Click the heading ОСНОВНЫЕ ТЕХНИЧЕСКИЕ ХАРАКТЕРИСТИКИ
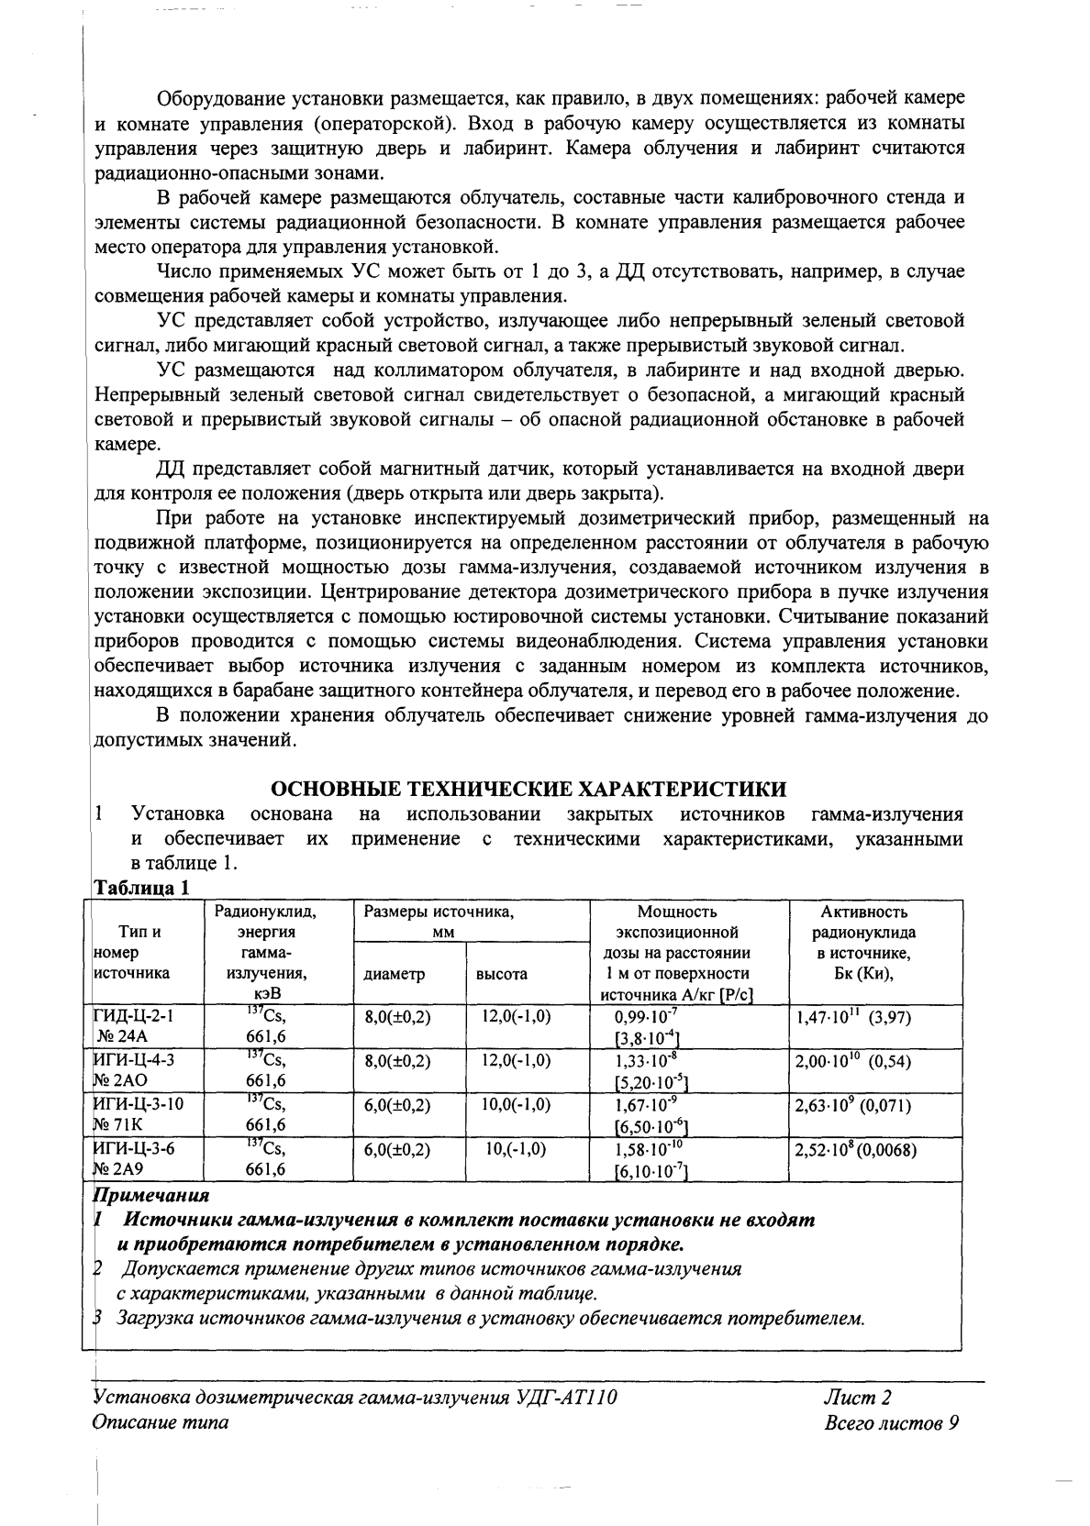click(x=528, y=790)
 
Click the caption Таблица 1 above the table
click(x=141, y=888)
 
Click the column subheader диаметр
click(x=395, y=975)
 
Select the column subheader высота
click(x=501, y=975)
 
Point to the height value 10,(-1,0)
click(x=517, y=1149)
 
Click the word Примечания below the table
click(x=151, y=1196)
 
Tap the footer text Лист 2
click(x=858, y=1398)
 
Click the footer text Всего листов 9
click(x=892, y=1423)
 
